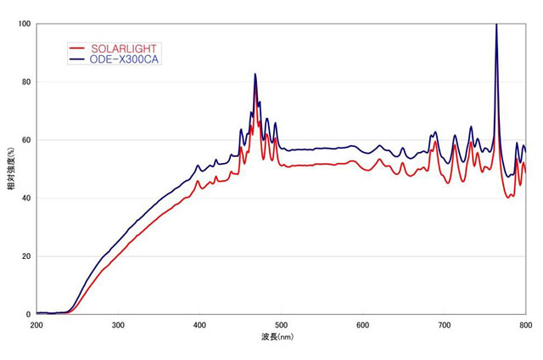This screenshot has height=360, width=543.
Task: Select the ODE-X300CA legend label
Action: point(125,59)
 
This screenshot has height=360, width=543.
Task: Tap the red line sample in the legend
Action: point(77,48)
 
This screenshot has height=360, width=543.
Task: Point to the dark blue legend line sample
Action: point(77,59)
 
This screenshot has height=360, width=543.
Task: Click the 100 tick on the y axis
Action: point(25,24)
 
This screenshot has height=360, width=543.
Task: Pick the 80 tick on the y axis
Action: point(26,82)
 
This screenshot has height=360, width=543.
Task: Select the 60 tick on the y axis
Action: point(26,140)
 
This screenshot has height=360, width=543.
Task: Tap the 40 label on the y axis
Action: point(26,198)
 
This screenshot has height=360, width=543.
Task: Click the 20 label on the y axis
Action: point(26,256)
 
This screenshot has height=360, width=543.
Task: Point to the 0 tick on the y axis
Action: point(29,314)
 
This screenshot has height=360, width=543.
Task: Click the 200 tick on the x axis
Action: point(36,325)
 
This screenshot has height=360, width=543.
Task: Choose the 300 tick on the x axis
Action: point(118,325)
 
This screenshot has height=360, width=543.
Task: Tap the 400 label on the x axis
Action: point(199,325)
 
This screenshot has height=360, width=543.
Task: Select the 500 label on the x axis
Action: point(281,325)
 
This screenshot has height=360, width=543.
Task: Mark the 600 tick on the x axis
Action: point(362,325)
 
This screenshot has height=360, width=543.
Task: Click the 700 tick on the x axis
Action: point(444,325)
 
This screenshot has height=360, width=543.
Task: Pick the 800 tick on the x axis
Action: point(525,325)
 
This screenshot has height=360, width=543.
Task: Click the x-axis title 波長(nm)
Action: point(281,337)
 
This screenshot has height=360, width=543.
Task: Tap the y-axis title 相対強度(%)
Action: point(10,169)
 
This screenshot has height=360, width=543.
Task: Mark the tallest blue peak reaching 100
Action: point(496,25)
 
